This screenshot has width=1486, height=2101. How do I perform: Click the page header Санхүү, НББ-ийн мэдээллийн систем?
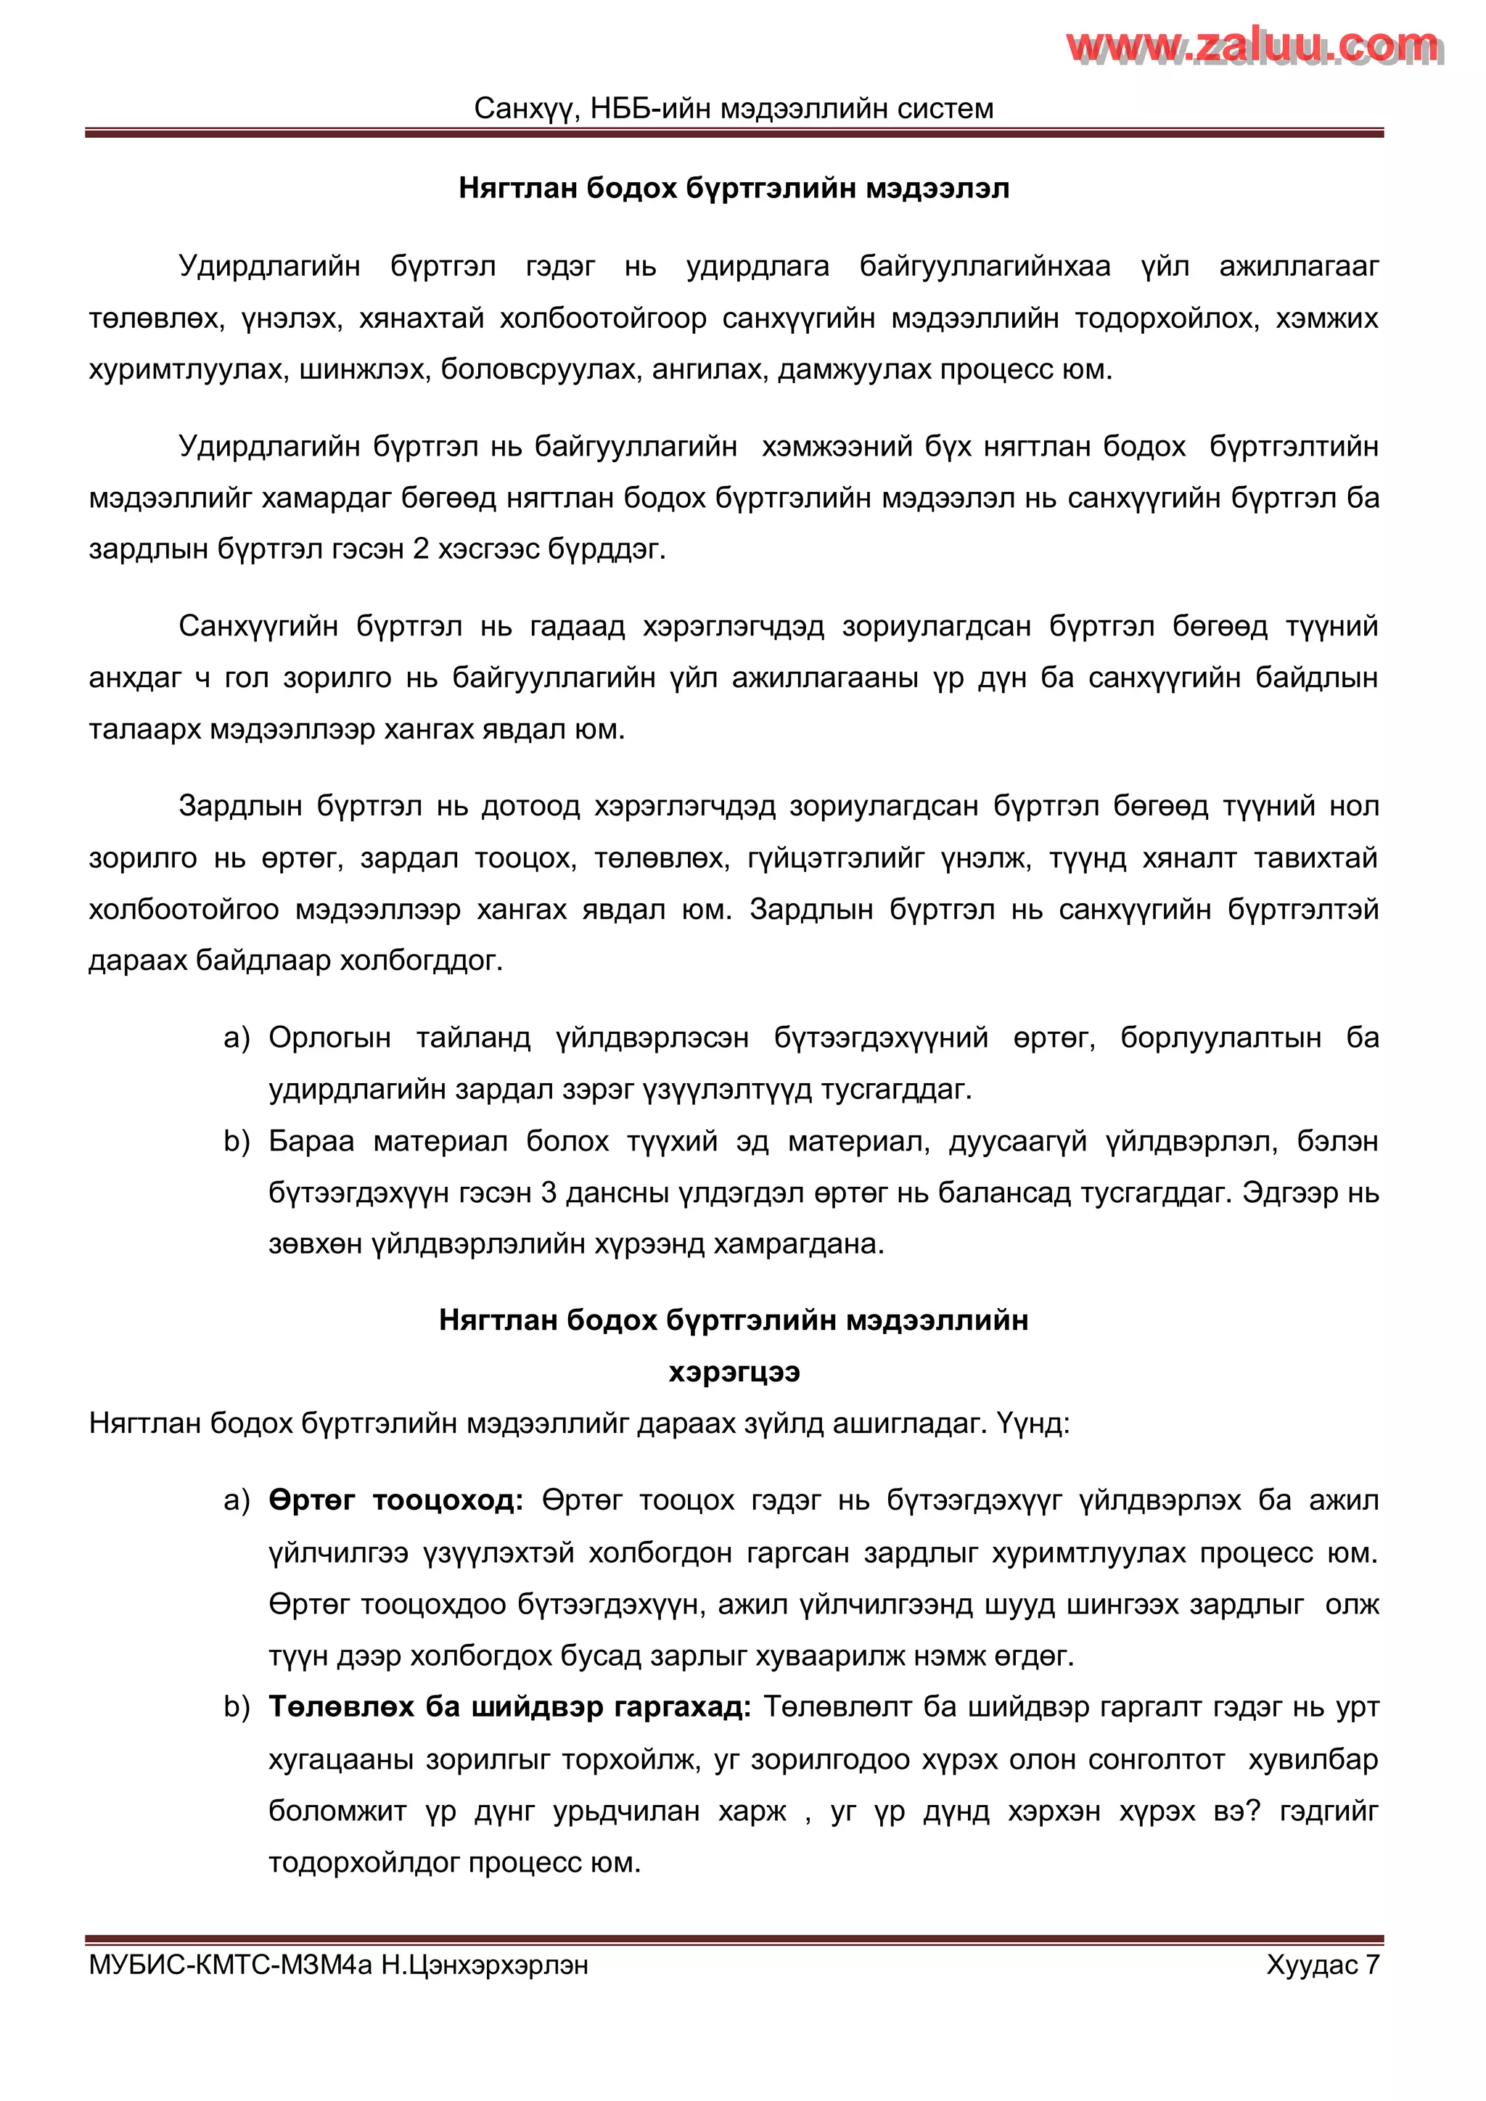733,109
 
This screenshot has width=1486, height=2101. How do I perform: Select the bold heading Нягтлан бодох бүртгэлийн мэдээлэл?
733,189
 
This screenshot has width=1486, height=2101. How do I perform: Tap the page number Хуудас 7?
1321,1965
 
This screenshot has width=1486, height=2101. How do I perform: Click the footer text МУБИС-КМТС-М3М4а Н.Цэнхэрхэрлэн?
339,1965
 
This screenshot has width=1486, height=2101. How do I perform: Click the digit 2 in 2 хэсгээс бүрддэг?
421,549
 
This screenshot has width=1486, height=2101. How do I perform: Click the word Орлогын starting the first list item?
329,1037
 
